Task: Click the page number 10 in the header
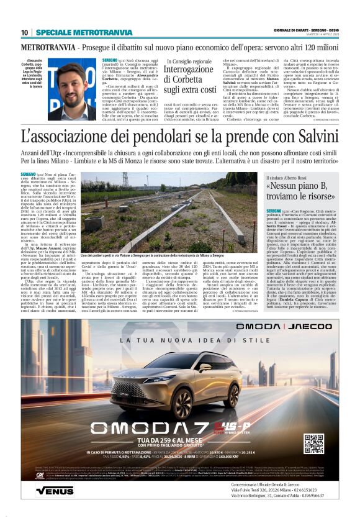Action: (24, 32)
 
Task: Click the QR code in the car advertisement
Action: (313, 443)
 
